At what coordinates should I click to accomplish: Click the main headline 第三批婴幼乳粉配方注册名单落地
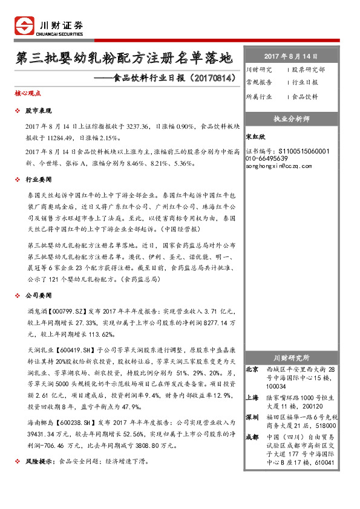[x=124, y=59]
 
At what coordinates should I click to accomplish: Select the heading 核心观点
[x=28, y=94]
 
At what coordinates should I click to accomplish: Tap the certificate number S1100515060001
[x=303, y=151]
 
